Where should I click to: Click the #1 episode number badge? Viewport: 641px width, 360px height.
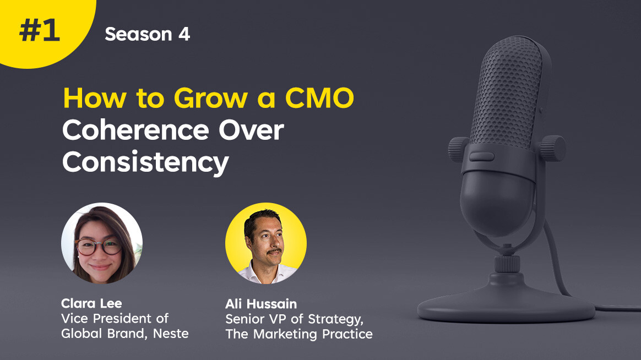(x=40, y=31)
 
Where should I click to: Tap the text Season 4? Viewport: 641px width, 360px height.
(x=147, y=34)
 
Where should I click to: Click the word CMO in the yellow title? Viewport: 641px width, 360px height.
(x=319, y=98)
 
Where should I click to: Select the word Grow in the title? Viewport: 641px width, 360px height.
(x=210, y=98)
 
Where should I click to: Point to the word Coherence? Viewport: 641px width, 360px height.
(x=135, y=130)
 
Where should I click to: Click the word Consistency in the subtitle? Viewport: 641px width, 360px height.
(x=145, y=162)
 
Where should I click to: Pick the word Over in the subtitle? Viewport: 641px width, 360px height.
(x=251, y=130)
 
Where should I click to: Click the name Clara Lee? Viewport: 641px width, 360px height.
(x=91, y=303)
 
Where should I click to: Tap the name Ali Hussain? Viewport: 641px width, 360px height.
(x=261, y=304)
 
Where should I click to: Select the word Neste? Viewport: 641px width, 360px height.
(x=171, y=334)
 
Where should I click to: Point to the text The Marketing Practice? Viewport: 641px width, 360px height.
(x=299, y=334)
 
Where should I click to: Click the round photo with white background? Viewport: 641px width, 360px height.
(x=102, y=243)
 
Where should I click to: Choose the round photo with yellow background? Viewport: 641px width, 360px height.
(x=266, y=243)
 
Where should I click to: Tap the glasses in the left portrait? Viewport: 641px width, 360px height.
(x=98, y=247)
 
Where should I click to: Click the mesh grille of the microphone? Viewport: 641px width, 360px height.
(x=508, y=95)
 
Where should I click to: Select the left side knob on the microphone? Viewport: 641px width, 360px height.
(x=458, y=149)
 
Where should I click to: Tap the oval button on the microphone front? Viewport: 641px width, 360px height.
(x=481, y=156)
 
